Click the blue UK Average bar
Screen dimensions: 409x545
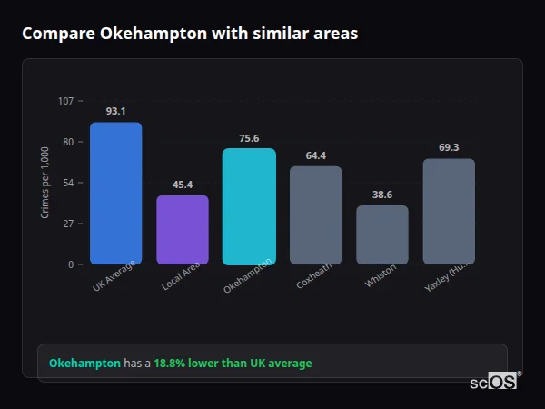coord(115,194)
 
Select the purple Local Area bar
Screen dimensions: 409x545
coord(183,230)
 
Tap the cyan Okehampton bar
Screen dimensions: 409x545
coord(249,206)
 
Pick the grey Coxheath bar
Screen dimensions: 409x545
coord(315,215)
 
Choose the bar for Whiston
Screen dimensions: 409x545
coord(382,234)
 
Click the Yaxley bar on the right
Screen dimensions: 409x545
coord(449,212)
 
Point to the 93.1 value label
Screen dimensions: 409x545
coord(115,111)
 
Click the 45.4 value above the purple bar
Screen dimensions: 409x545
coord(183,185)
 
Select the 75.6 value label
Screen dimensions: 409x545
coord(249,138)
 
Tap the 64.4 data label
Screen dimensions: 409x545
coord(315,155)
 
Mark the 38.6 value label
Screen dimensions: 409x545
coord(382,195)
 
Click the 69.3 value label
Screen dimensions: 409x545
coord(449,147)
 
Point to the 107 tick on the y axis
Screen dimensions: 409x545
coord(66,101)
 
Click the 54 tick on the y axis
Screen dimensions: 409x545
coord(69,183)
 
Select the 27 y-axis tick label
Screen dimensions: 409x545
coord(69,224)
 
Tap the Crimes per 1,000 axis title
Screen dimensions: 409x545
coord(45,183)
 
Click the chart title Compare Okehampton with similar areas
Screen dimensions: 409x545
coord(190,34)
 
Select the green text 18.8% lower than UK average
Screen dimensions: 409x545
coord(233,363)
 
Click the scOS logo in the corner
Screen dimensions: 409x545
coord(493,382)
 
